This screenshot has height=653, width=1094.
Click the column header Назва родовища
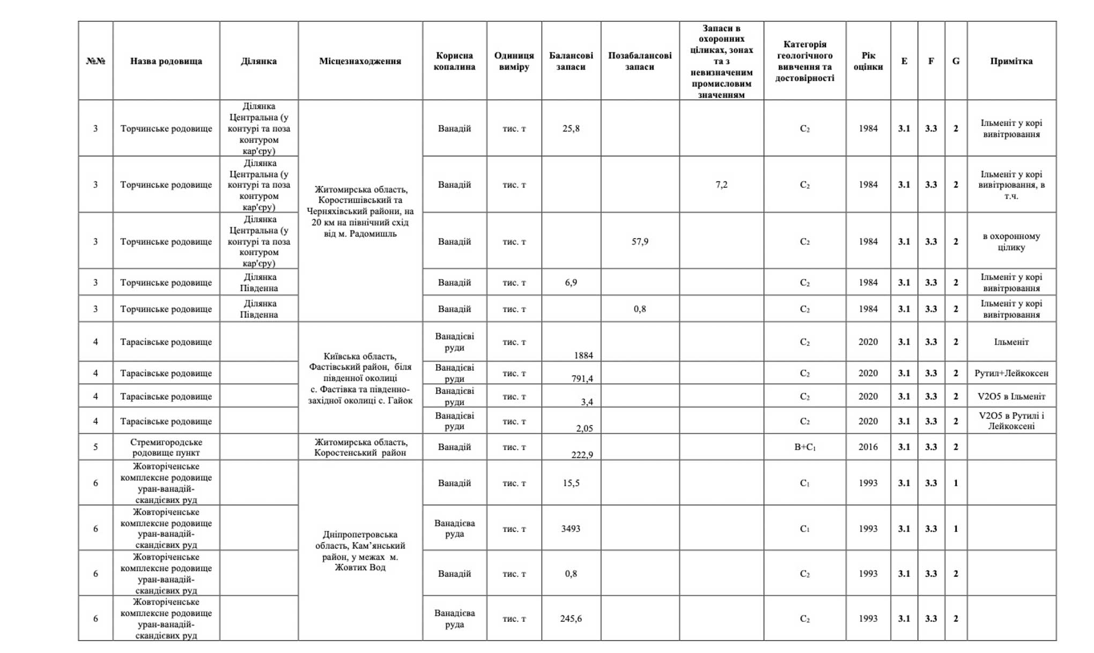coord(166,61)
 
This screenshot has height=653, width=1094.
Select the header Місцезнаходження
coord(360,61)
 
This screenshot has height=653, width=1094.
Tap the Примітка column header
coord(1011,61)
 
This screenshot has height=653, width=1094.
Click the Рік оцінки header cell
coord(868,61)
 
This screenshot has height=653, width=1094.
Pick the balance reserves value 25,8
coord(571,129)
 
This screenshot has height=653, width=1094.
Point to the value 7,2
coord(721,185)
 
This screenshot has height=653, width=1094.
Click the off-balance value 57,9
coord(640,241)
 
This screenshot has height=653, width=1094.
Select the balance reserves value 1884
coord(583,355)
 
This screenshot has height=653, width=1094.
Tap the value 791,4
coord(582,379)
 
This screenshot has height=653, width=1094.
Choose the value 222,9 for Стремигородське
coord(582,455)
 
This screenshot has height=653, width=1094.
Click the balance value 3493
coord(571,529)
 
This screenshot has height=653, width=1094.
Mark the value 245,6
coord(571,619)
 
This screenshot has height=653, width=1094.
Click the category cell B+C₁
coord(804,447)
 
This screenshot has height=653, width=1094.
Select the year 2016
coord(868,447)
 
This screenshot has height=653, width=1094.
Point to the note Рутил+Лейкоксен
coord(1011,373)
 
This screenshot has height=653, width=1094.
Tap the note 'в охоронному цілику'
coord(1011,241)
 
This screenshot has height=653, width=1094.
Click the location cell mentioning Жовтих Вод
coord(360,551)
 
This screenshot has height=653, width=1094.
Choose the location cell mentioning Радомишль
coord(360,211)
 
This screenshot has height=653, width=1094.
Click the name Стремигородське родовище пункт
coord(166,447)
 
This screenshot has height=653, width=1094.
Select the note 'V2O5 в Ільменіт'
coord(1011,397)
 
